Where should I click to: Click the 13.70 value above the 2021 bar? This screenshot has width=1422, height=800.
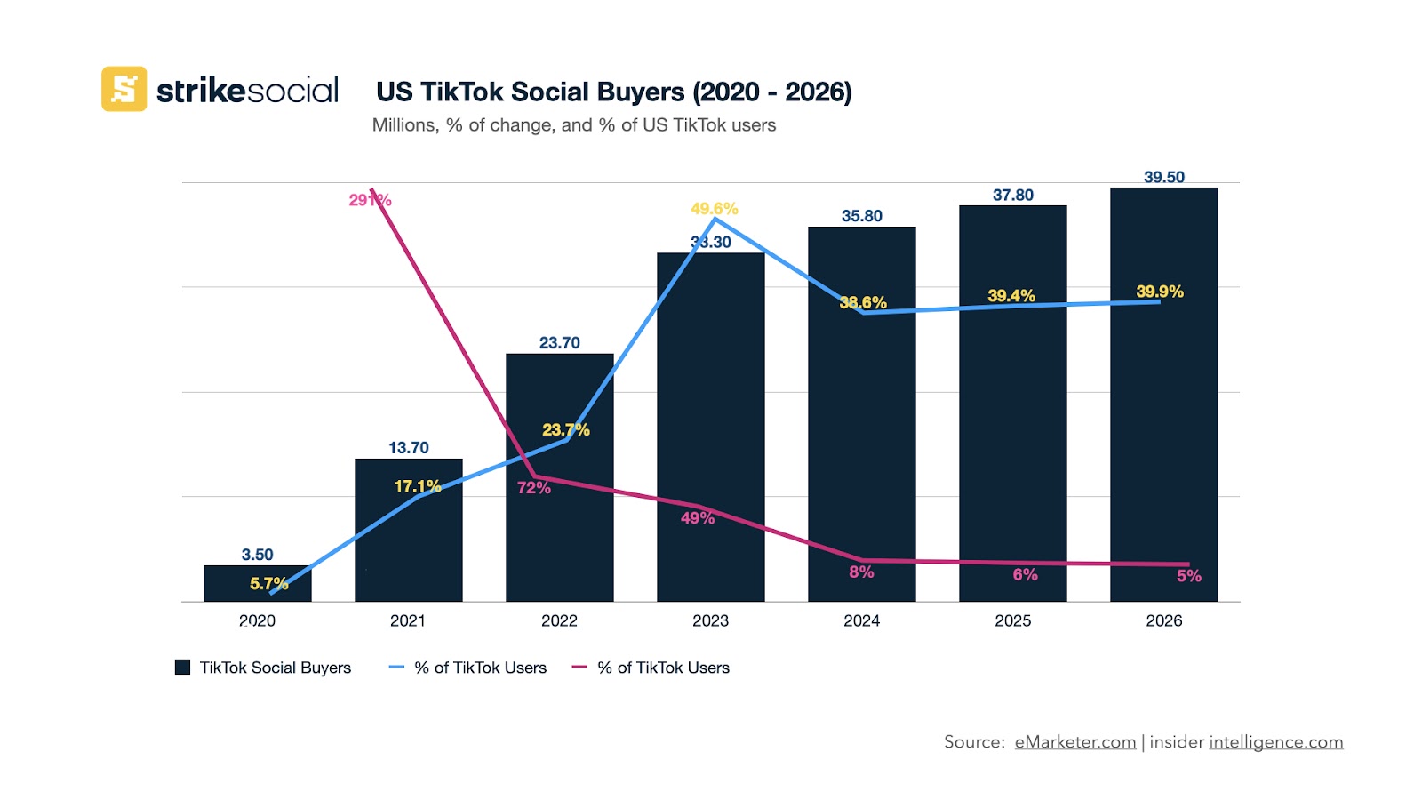(x=408, y=448)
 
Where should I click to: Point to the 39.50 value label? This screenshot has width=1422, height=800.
(x=1163, y=177)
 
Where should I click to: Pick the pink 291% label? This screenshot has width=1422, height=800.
(x=370, y=200)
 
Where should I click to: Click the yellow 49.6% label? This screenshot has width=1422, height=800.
(x=714, y=209)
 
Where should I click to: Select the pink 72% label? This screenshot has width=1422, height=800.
(x=534, y=487)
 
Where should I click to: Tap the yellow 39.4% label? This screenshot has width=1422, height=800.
(x=1011, y=296)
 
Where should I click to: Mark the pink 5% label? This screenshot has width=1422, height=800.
(x=1188, y=576)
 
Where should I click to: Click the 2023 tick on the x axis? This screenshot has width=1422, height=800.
(x=710, y=620)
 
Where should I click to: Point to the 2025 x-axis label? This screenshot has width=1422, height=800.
(x=1012, y=620)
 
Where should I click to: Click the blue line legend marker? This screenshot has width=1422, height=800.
(x=396, y=667)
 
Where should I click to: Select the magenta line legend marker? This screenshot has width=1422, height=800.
(x=579, y=667)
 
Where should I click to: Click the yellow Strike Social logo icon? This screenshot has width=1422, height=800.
(x=124, y=89)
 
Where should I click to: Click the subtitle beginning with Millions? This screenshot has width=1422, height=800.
(x=573, y=125)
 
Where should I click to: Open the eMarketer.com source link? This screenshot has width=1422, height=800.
(x=1074, y=742)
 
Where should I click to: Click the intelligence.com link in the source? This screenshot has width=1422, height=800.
(x=1275, y=742)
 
